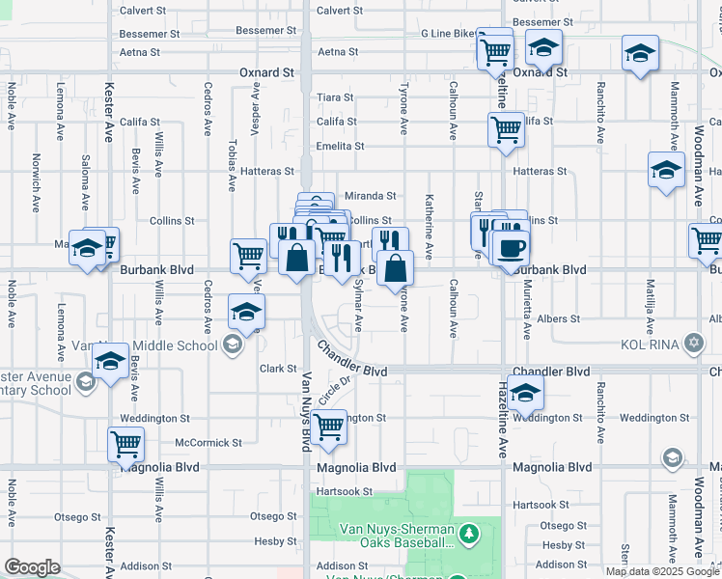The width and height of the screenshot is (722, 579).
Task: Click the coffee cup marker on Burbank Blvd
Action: pos(511,246)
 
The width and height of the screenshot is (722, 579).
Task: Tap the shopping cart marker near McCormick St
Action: pos(126,444)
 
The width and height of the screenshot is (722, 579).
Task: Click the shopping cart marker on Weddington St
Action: pos(330,426)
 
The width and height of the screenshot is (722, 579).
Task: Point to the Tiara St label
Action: pos(335,97)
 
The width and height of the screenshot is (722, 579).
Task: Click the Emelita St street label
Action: pos(340,147)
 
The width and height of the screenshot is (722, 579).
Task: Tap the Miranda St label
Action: pos(372,196)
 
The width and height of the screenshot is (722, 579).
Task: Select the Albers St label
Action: pos(559,318)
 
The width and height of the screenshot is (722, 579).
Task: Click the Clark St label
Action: pos(277,369)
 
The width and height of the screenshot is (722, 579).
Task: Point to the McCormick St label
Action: pos(208,443)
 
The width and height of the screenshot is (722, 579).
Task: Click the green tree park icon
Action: pos(469,533)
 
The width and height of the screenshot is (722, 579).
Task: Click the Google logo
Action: pos(32,567)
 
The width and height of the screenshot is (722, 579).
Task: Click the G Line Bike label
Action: pos(449,34)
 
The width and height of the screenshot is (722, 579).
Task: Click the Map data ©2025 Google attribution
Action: pos(662,570)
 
